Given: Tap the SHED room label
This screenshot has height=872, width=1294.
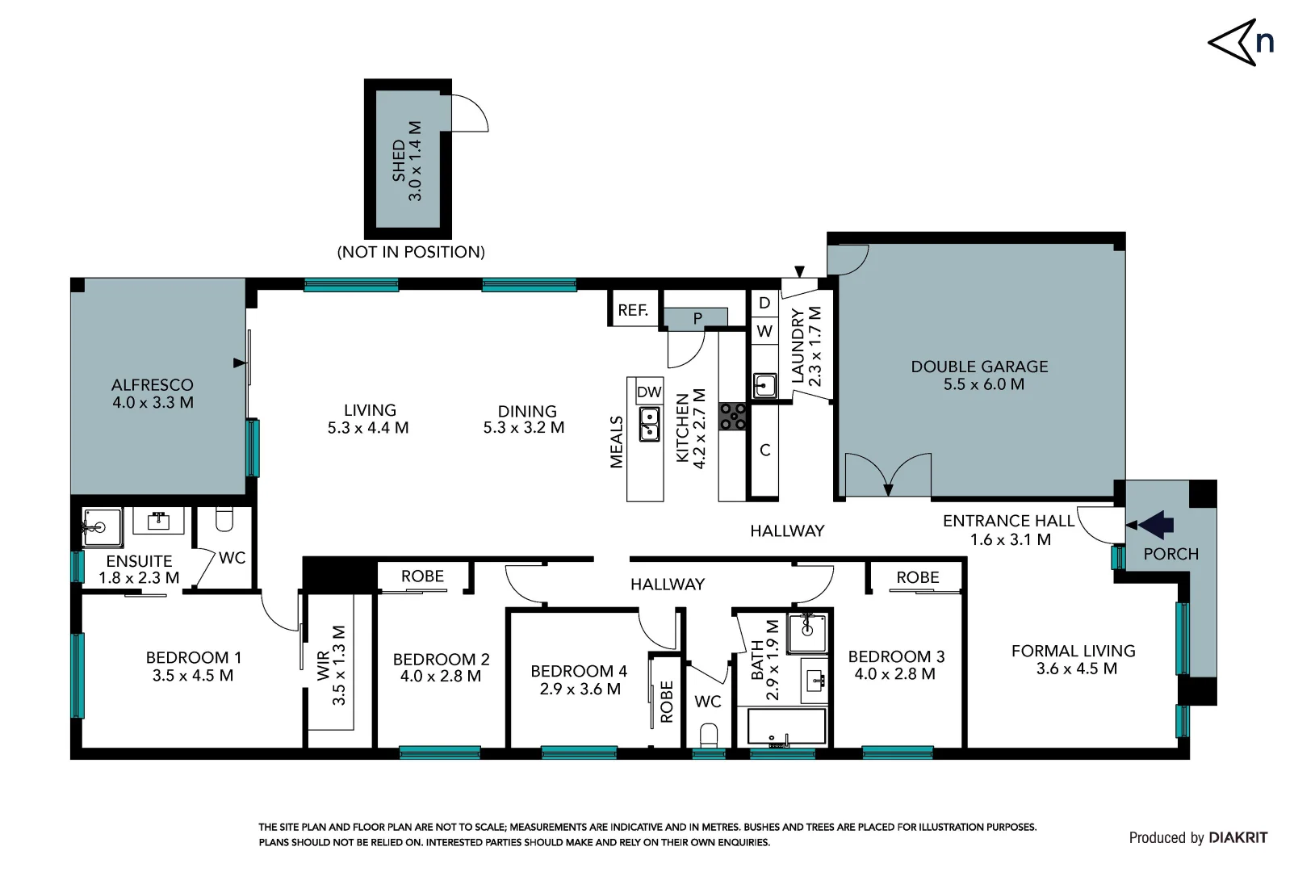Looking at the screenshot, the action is [399, 161].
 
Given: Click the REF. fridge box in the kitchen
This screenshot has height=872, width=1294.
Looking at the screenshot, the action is [633, 310].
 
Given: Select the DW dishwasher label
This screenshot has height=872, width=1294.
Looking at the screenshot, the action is [649, 392].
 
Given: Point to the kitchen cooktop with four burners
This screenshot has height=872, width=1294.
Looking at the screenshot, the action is [732, 417].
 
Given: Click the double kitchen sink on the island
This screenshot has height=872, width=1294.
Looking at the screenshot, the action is [649, 424].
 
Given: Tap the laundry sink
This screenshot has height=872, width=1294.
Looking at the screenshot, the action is [764, 385].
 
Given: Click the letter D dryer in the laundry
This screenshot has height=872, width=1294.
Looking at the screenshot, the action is [764, 303].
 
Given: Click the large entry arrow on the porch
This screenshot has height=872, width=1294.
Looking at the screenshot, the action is [1156, 525].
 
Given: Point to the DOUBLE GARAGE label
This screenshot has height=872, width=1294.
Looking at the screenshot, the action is [979, 367].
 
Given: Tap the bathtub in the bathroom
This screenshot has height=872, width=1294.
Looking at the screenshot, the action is [786, 727].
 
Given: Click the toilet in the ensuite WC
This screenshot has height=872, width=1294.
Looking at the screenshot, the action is [224, 519].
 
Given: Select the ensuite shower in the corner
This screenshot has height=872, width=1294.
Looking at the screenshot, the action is [102, 527].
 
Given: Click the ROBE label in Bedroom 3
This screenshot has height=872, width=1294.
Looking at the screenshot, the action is [917, 577].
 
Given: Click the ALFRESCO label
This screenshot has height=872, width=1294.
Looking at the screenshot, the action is [152, 385].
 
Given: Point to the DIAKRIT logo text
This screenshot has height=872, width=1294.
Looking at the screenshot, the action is [1238, 837].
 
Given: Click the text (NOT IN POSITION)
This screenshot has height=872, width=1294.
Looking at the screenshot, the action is [411, 252].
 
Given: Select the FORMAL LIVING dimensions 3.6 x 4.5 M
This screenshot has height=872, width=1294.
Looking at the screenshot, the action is [1076, 669].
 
